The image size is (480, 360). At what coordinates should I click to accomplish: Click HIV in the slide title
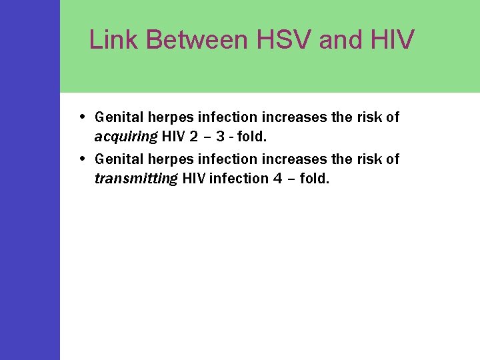[394, 40]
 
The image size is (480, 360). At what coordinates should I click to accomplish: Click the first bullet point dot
[81, 116]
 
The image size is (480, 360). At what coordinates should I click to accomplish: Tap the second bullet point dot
[81, 158]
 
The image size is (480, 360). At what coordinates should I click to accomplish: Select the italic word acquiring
[126, 137]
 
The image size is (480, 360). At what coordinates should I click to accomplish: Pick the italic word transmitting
[136, 179]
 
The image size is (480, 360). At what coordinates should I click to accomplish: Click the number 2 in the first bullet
[192, 137]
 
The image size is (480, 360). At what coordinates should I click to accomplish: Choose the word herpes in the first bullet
[165, 118]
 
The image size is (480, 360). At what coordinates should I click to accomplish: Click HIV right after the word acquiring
[172, 137]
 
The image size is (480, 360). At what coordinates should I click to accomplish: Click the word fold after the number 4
[314, 179]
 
